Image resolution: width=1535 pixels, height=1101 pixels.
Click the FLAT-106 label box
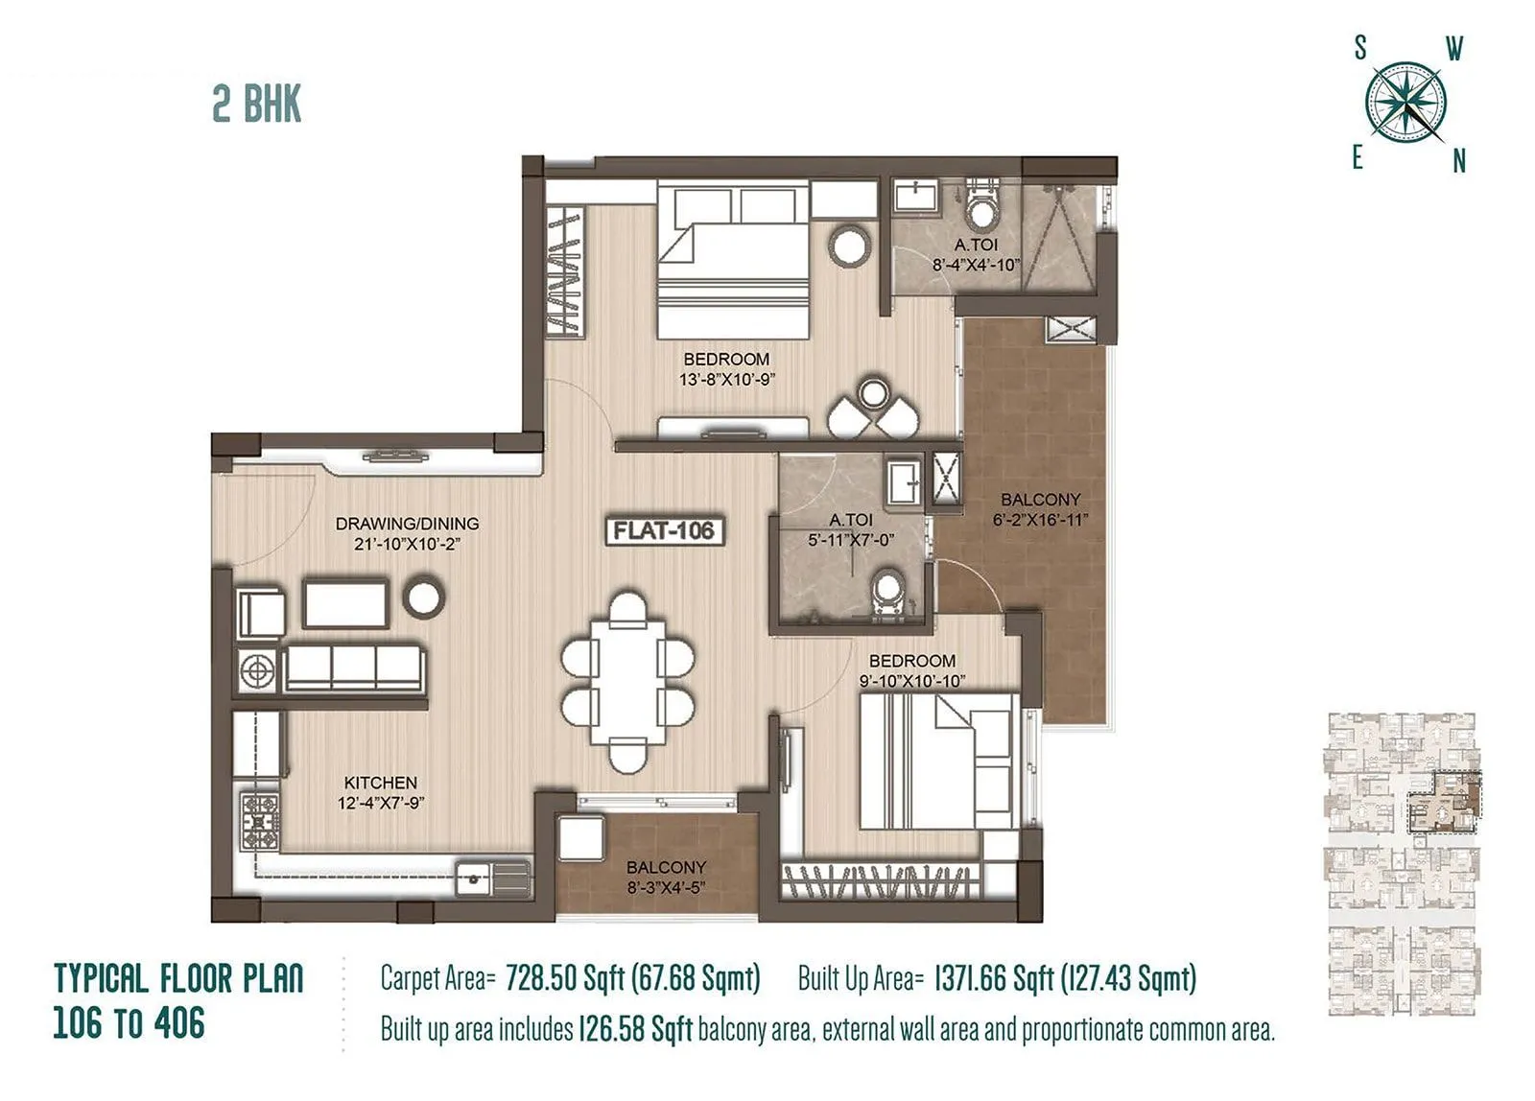[x=665, y=530]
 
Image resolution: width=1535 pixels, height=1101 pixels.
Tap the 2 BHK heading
[x=256, y=105]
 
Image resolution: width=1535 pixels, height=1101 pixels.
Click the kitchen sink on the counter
[x=474, y=876]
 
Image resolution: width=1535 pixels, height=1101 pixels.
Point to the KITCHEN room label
[x=380, y=783]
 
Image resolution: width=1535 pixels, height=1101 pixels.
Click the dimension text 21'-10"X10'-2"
[x=407, y=544]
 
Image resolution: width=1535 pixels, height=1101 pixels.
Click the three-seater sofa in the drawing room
[x=354, y=667]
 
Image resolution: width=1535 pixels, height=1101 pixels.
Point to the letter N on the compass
[x=1458, y=162]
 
